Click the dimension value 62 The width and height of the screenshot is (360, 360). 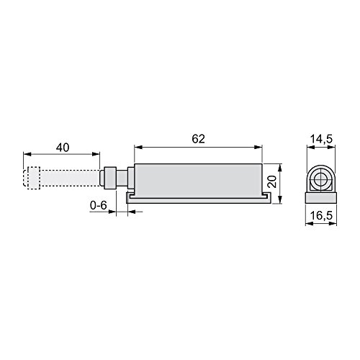point(198,139)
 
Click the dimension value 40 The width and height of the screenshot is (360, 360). point(63,148)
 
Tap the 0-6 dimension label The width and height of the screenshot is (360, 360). point(98,205)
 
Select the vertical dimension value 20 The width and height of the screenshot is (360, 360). point(272,181)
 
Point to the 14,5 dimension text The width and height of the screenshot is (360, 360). point(321,139)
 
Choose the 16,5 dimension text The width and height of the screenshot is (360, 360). point(321,215)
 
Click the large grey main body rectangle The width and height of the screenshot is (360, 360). point(198,181)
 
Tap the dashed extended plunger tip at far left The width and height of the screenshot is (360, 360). point(31,178)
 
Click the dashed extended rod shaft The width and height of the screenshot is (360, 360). point(70,178)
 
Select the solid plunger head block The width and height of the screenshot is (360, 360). point(110,178)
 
